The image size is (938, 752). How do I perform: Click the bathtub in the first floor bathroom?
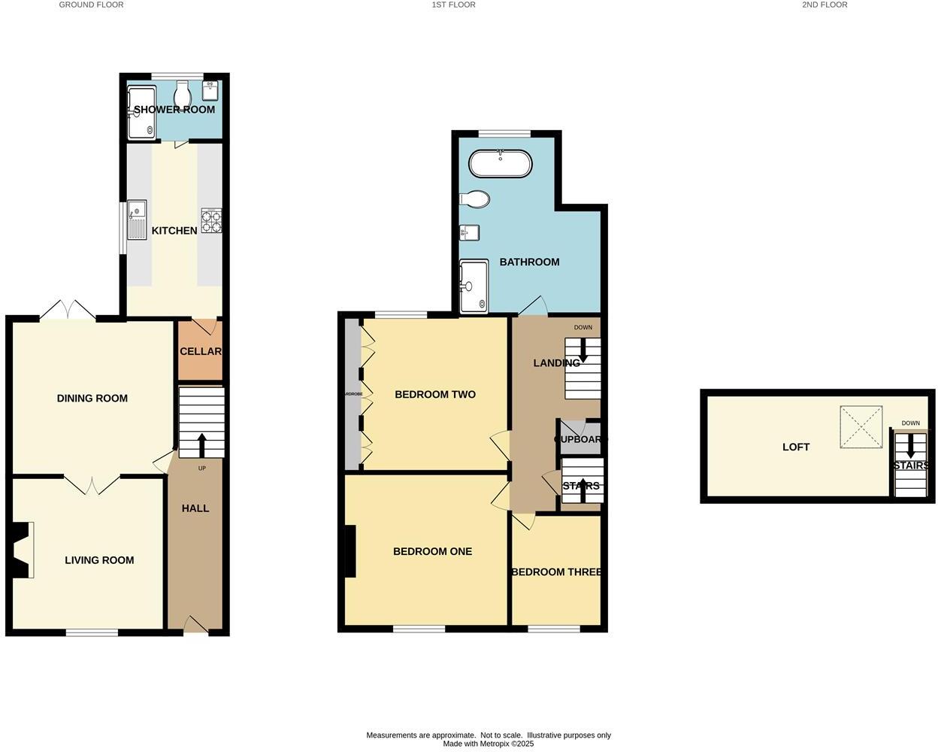tap(500, 164)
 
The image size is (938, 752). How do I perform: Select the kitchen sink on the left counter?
tap(137, 219)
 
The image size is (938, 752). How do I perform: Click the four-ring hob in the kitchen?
tap(211, 220)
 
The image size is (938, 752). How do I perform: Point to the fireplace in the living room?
tap(23, 550)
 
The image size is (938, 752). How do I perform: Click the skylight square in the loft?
tap(861, 426)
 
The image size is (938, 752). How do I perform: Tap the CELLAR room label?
tap(201, 351)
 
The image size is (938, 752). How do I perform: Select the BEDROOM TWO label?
tap(435, 394)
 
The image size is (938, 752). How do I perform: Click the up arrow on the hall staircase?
tap(201, 444)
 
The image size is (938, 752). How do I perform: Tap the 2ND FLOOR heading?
tap(825, 5)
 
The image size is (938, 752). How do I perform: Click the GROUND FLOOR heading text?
tap(91, 5)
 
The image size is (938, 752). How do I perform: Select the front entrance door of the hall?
tap(195, 626)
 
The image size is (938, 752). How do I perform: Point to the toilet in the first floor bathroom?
tap(475, 199)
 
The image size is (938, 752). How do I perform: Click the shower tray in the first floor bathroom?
tap(474, 287)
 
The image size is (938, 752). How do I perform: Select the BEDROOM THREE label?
tap(556, 572)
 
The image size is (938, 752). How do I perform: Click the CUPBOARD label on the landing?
tap(580, 439)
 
